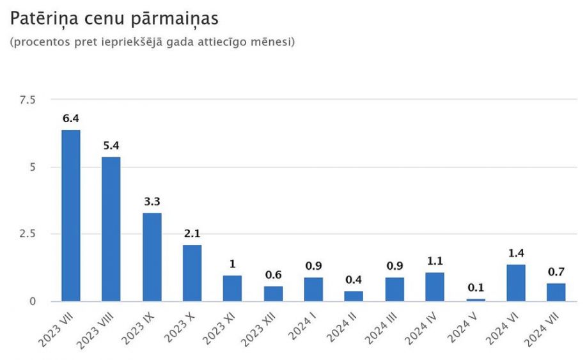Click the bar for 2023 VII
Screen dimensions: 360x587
tap(71, 215)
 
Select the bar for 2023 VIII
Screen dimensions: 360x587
tap(111, 229)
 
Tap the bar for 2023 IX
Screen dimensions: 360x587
tap(152, 257)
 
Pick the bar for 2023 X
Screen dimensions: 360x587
tap(192, 273)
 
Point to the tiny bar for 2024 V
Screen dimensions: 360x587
tap(476, 299)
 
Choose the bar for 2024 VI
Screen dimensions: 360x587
tap(516, 283)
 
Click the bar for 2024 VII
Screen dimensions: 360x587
tap(556, 292)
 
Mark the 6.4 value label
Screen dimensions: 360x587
tap(71, 119)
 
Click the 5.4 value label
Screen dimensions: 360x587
tap(111, 146)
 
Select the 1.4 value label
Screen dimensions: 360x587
tap(516, 253)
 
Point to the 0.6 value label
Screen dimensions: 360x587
tap(273, 275)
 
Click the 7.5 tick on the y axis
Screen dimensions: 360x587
tap(28, 100)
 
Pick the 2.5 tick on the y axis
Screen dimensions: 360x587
tap(28, 234)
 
